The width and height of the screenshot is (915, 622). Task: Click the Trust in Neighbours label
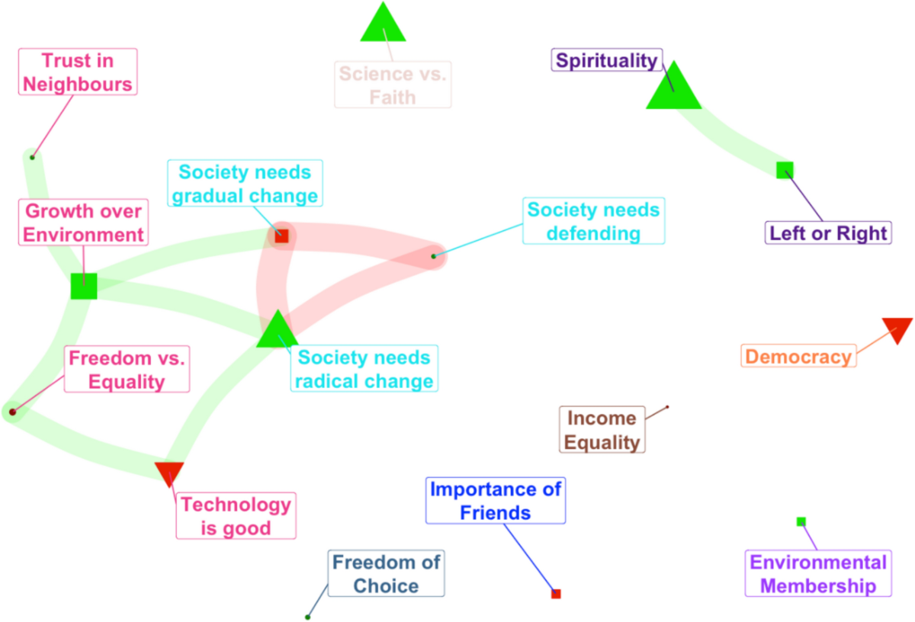[77, 72]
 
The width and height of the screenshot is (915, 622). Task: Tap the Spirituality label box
[607, 60]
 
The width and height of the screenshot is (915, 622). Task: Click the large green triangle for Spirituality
[673, 88]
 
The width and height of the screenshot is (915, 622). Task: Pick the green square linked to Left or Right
[785, 170]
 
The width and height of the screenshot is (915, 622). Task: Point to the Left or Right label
[828, 232]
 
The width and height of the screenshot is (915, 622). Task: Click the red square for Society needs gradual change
[281, 236]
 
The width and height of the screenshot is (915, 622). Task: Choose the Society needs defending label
[594, 221]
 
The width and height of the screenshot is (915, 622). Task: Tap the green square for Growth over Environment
[84, 286]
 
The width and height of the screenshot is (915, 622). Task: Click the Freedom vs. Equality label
[127, 370]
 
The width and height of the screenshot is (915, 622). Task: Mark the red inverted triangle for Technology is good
[169, 472]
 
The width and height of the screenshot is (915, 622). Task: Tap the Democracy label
[798, 356]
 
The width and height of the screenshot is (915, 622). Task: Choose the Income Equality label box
[602, 430]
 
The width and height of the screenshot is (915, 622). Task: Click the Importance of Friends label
[496, 501]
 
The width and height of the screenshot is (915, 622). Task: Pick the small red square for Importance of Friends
[556, 594]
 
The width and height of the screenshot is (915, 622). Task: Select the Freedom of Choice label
[387, 574]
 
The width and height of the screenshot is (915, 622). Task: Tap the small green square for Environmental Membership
[801, 521]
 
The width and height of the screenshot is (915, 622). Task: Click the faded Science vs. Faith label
[393, 85]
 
